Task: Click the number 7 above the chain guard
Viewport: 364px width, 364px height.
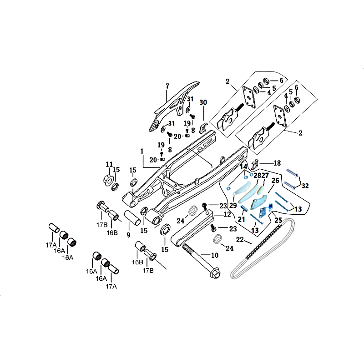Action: click(x=167, y=86)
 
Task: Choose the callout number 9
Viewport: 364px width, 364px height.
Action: click(x=129, y=235)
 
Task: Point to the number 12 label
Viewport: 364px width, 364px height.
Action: click(x=227, y=214)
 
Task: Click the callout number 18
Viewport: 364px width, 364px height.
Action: click(x=277, y=163)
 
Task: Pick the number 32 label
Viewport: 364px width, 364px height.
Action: click(x=305, y=186)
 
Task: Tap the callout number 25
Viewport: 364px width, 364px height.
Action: click(x=278, y=220)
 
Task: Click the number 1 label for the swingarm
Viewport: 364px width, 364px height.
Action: click(x=142, y=151)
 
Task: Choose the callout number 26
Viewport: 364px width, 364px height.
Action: click(x=275, y=181)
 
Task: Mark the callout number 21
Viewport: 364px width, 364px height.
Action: click(x=241, y=220)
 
